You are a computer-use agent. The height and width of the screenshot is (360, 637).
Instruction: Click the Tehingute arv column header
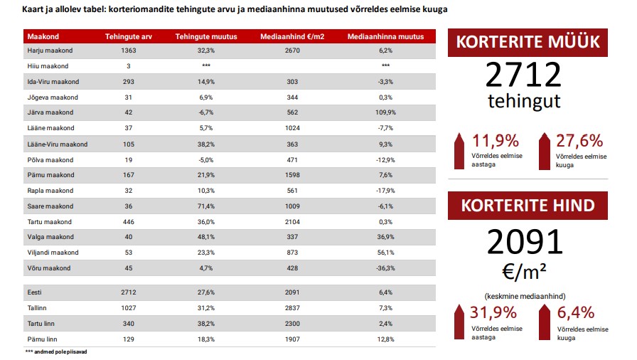[129, 36]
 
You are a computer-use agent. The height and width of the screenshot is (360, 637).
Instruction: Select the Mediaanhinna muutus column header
[385, 36]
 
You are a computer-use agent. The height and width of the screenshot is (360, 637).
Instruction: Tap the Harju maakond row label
[50, 51]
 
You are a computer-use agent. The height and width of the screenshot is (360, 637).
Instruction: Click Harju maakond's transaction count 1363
[129, 51]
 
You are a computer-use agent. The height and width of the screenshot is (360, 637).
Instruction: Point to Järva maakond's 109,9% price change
[385, 112]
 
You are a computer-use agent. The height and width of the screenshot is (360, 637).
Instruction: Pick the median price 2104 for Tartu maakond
[292, 222]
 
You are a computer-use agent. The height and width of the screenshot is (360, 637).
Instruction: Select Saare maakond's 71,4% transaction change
[206, 206]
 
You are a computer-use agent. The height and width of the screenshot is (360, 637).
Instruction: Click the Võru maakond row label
[49, 268]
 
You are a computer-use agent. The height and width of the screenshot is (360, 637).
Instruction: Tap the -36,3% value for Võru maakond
[385, 268]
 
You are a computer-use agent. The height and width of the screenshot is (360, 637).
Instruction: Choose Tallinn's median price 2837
[292, 308]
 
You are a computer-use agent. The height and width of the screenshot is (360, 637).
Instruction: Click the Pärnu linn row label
[42, 339]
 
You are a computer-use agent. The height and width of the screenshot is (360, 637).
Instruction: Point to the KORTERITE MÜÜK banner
[528, 42]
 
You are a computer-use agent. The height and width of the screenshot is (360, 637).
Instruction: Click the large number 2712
[524, 75]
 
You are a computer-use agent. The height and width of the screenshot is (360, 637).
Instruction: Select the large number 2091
[525, 242]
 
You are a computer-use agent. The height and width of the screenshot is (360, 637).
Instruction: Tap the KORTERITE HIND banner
[528, 206]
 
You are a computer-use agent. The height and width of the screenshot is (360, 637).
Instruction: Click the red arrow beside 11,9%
[459, 151]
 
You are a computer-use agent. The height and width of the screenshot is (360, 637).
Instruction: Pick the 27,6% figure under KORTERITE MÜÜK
[579, 141]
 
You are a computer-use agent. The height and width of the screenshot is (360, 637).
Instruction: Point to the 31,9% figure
[493, 312]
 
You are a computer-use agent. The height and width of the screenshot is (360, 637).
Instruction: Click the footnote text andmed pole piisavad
[60, 352]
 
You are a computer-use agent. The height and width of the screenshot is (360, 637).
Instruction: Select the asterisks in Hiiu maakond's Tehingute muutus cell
[206, 65]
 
